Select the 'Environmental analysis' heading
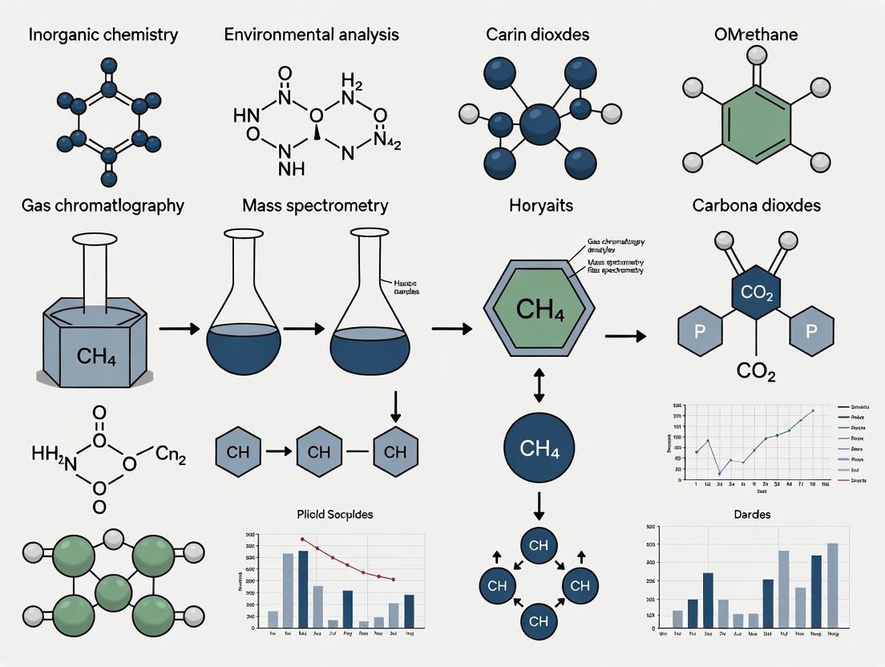tap(311, 34)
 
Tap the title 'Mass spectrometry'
tap(315, 205)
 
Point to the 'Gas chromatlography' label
tap(103, 205)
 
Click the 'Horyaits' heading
tap(541, 205)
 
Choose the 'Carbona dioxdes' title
tap(756, 205)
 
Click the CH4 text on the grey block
tap(96, 354)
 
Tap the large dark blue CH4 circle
tap(539, 447)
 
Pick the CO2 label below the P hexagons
tap(757, 370)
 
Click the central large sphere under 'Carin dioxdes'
tap(539, 126)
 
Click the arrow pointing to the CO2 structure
tap(625, 336)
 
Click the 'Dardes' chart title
tap(751, 514)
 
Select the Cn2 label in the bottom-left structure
tap(170, 457)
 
